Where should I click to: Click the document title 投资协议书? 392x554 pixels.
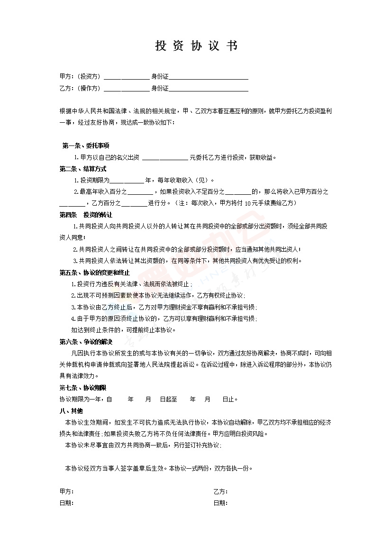tap(196, 46)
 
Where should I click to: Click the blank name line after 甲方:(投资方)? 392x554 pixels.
tap(126, 77)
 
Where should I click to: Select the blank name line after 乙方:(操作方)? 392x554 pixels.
tap(126, 89)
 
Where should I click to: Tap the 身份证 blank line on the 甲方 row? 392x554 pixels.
tap(209, 77)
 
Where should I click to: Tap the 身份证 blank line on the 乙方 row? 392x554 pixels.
tap(209, 89)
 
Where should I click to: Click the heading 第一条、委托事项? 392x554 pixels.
tap(86, 145)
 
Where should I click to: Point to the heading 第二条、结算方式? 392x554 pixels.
tap(83, 169)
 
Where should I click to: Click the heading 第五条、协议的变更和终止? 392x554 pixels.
tap(95, 272)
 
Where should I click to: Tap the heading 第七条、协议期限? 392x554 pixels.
tap(83, 388)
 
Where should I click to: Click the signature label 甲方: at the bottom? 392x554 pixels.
tap(66, 491)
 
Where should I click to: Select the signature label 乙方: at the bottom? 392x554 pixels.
tap(220, 491)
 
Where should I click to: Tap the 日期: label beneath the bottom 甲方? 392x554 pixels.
tap(66, 503)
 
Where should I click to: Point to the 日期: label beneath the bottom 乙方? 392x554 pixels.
tap(220, 503)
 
